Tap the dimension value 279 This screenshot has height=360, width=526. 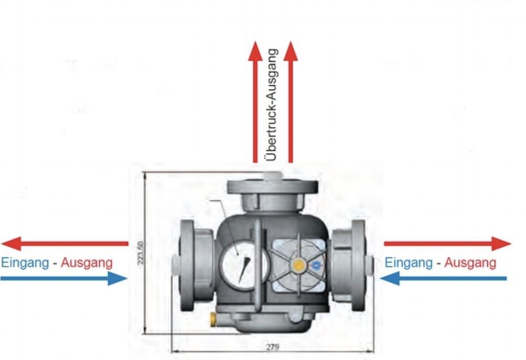coord(272,347)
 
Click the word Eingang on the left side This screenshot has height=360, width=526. coord(25,262)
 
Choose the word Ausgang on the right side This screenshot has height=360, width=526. coord(470,262)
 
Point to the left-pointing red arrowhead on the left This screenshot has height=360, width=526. coord(11,244)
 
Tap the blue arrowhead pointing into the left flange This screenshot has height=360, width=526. coord(117,278)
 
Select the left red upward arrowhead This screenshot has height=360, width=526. coord(255,51)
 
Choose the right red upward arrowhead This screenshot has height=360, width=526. coord(290,51)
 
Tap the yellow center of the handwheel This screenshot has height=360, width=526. coord(299,265)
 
